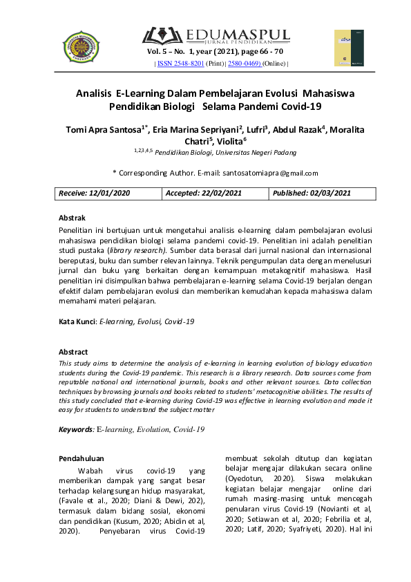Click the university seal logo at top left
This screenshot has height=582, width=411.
tap(81, 47)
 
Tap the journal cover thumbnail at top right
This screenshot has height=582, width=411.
tap(350, 48)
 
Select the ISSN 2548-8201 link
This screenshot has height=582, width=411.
tap(180, 64)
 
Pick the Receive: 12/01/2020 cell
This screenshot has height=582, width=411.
tap(100, 194)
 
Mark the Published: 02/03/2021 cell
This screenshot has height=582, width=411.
tap(312, 194)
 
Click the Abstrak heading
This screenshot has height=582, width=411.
tap(73, 218)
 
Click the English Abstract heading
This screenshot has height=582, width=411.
tap(73, 352)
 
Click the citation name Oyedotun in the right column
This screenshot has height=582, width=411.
tap(246, 478)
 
